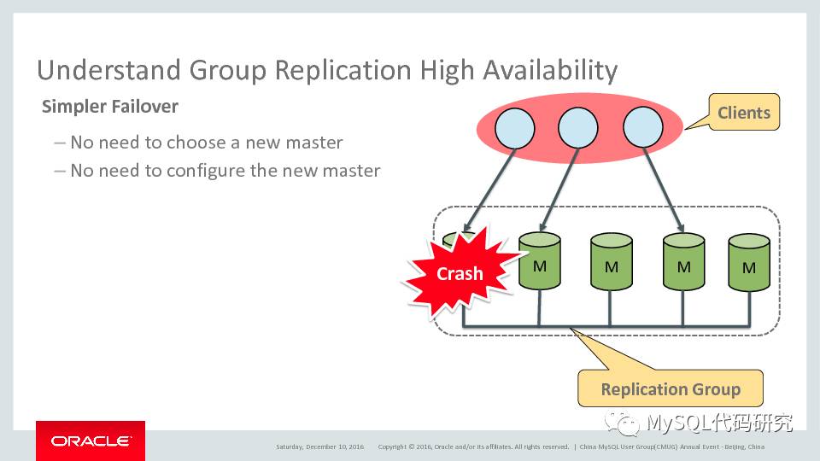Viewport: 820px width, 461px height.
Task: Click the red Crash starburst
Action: (x=460, y=272)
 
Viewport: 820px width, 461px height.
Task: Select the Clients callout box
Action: (x=743, y=113)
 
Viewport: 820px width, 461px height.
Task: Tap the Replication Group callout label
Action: (x=670, y=389)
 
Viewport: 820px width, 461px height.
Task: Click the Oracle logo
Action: (x=91, y=441)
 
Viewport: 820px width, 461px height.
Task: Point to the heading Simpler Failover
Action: (x=110, y=108)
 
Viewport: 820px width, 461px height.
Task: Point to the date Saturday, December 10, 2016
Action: (x=319, y=446)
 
